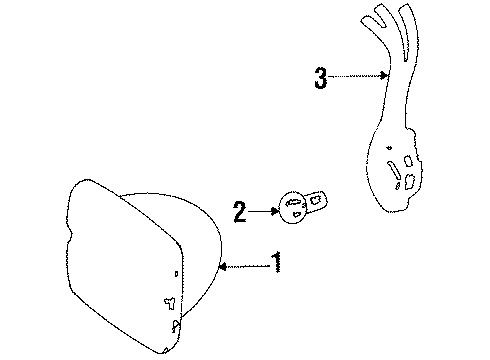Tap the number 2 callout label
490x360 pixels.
[240, 211]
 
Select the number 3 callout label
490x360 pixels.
[320, 78]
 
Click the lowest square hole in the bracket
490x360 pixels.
[409, 179]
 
